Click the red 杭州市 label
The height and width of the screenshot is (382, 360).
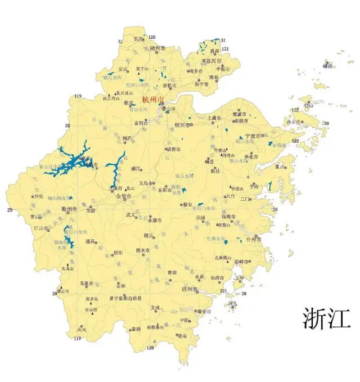coord(152,100)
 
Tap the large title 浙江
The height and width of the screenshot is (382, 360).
coord(326,318)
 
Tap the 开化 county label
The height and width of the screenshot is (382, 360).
coord(38,197)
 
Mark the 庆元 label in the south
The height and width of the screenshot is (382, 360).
coord(83,330)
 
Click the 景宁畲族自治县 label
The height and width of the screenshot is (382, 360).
coord(126,298)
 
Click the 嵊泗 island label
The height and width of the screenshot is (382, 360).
coord(328,66)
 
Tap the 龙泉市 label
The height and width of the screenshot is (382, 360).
coord(86,284)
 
